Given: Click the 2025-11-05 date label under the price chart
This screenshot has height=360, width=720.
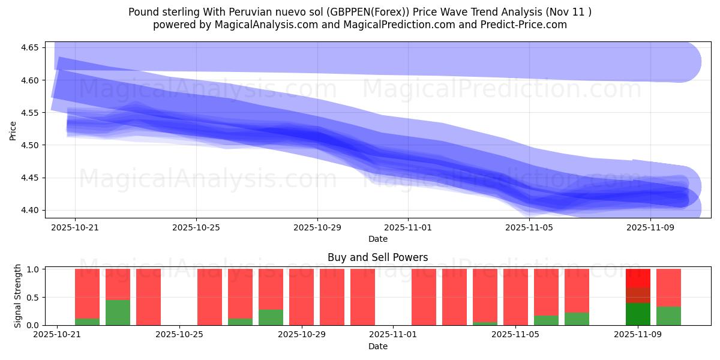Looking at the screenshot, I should [x=529, y=228].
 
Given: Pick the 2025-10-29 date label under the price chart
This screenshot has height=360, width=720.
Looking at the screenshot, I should [x=317, y=228].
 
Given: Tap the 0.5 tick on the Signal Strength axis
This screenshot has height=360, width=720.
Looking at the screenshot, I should [x=34, y=298].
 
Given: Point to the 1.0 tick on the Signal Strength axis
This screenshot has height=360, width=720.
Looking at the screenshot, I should [x=34, y=269].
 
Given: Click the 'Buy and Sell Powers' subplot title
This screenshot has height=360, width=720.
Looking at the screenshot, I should [x=377, y=258].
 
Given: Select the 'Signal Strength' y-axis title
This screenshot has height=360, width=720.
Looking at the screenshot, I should [x=18, y=296].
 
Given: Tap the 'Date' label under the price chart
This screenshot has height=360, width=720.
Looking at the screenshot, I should [x=377, y=239].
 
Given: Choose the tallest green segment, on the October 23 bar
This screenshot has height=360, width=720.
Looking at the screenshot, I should [x=118, y=312].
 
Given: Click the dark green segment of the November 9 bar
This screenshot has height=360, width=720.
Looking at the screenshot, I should [x=638, y=314].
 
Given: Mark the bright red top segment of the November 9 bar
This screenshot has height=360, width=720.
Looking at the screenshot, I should [x=638, y=278].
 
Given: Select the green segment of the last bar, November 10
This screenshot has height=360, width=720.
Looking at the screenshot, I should [x=668, y=316].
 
